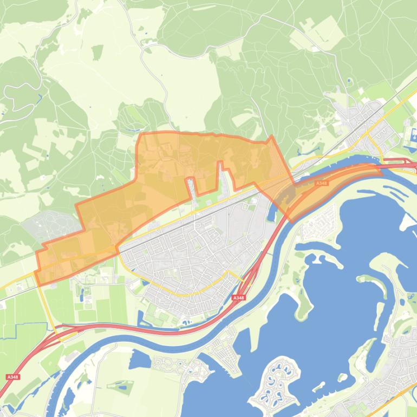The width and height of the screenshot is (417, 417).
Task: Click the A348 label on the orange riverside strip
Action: [321, 184]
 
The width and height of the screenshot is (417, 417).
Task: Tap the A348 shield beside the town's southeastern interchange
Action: [238, 298]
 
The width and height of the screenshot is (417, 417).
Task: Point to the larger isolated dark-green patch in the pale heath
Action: [97, 52]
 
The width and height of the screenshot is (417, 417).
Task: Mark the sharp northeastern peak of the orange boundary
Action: [271, 136]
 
